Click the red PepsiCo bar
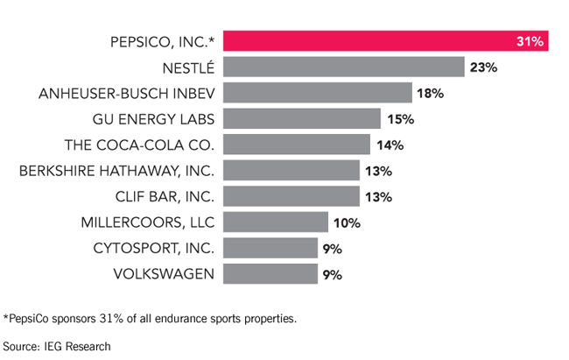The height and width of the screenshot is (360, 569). (386, 40)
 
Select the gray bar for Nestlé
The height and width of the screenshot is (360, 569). (344, 67)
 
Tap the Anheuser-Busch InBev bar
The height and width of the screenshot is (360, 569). (318, 93)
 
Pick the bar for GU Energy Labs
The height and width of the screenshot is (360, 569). (302, 118)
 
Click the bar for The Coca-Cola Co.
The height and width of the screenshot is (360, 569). (297, 145)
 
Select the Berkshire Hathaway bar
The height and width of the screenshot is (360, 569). (292, 170)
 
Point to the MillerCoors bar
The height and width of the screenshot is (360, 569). (276, 222)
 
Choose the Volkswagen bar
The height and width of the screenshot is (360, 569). (270, 273)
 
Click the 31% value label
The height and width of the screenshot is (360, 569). (530, 41)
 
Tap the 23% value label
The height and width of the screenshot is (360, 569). (483, 67)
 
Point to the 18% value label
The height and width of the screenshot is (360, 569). (430, 94)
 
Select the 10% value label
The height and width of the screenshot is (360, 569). (347, 222)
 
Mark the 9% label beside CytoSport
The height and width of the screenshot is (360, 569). (333, 249)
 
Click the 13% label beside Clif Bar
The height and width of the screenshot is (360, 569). (378, 197)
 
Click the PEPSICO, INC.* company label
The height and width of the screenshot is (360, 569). (163, 42)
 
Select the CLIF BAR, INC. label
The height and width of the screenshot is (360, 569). (165, 197)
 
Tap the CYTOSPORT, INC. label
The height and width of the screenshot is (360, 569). (154, 249)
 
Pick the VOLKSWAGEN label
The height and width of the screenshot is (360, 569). (164, 274)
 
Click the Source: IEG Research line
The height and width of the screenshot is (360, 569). (57, 346)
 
